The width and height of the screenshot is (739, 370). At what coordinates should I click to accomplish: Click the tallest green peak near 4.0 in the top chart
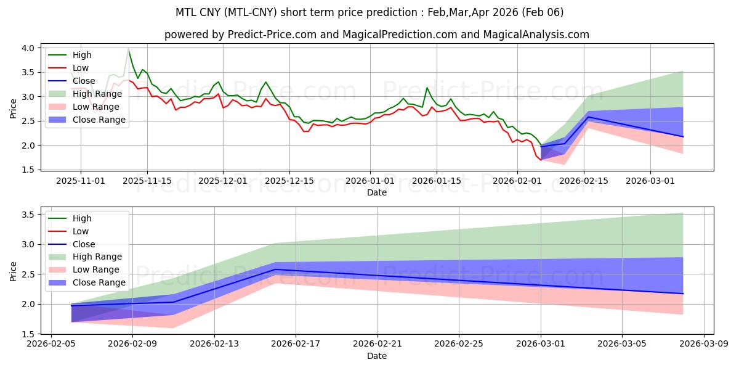[x=128, y=49]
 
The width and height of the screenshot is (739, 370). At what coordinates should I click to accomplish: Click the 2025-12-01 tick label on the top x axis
[x=223, y=181]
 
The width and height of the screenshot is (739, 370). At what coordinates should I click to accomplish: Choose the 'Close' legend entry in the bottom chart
[x=84, y=244]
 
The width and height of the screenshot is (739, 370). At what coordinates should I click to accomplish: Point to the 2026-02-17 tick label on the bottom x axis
[x=296, y=345]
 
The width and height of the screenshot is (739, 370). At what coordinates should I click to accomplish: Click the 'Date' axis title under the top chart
[x=377, y=192]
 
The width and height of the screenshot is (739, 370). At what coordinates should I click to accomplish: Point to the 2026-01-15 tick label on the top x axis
[x=437, y=181]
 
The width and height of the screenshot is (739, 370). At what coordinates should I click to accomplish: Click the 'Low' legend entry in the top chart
[x=81, y=68]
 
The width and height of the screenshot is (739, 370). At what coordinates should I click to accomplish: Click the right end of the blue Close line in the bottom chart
[x=683, y=294]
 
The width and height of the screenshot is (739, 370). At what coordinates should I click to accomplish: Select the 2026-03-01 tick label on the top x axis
[x=650, y=181]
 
